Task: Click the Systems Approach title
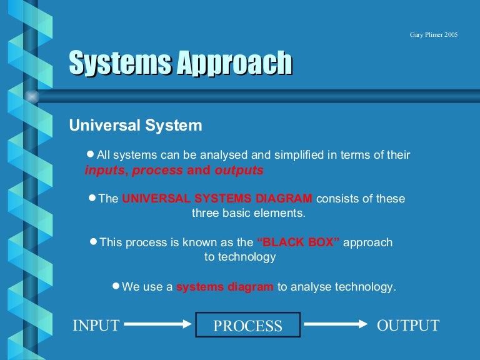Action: click(180, 63)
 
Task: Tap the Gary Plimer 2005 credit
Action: click(434, 34)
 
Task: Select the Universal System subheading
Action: click(136, 126)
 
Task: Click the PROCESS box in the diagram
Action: click(248, 325)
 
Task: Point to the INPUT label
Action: click(96, 325)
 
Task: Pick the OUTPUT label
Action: click(408, 325)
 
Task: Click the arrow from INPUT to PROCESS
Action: click(157, 324)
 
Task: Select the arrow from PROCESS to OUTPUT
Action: click(336, 324)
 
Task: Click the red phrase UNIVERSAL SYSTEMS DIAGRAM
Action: click(217, 199)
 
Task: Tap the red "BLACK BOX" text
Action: click(298, 242)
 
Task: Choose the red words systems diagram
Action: click(225, 287)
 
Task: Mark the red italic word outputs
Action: click(239, 170)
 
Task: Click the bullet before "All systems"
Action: click(91, 154)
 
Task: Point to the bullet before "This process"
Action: click(94, 241)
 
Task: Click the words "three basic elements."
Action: click(248, 212)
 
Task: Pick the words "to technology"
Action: click(240, 257)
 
